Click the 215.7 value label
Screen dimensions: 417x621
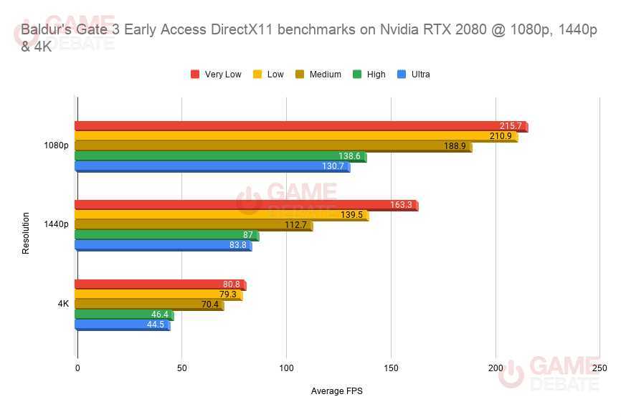[511, 126]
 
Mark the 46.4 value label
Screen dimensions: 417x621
[160, 315]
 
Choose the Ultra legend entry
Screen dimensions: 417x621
[420, 75]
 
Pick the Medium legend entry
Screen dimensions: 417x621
[324, 75]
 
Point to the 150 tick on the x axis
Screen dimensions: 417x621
[391, 368]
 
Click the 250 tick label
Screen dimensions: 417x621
[599, 368]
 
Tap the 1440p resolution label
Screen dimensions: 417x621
[56, 224]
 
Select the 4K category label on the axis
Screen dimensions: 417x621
[63, 304]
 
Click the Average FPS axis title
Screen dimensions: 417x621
[338, 391]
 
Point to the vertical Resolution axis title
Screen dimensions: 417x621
[26, 233]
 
